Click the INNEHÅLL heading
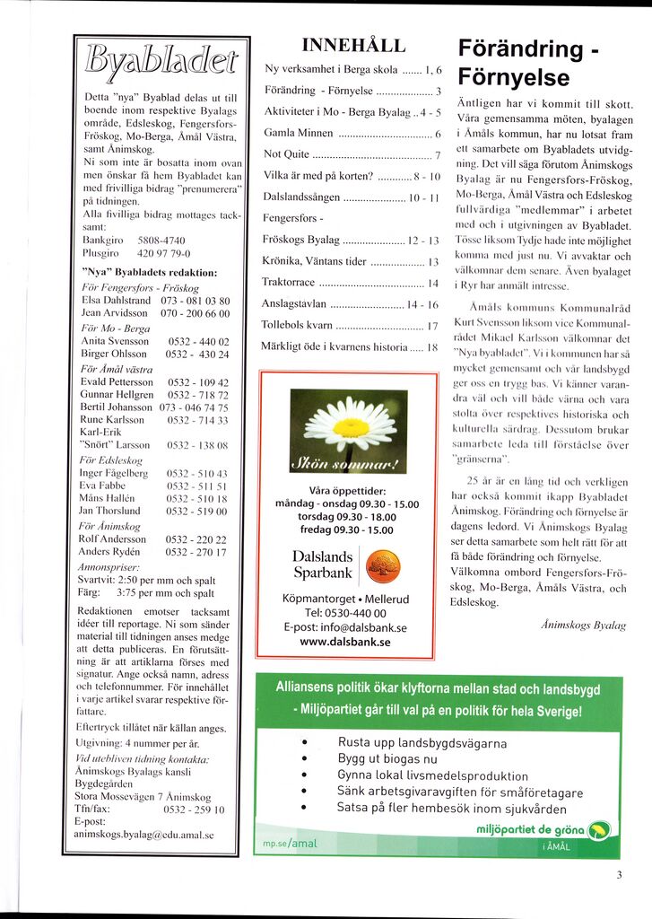pos(353,46)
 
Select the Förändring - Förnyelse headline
pos(528,62)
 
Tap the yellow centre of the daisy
pos(350,426)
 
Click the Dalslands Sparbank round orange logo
pos(384,566)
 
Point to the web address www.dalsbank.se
pos(345,642)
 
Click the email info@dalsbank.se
pos(345,627)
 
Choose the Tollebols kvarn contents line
pos(297,325)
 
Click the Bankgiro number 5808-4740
pos(162,241)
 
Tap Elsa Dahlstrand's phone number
pos(195,301)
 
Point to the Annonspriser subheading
pos(103,567)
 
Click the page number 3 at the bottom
pos(619,876)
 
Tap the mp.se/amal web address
pos(291,845)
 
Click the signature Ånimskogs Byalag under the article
pos(584,625)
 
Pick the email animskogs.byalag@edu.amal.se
pos(143,834)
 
